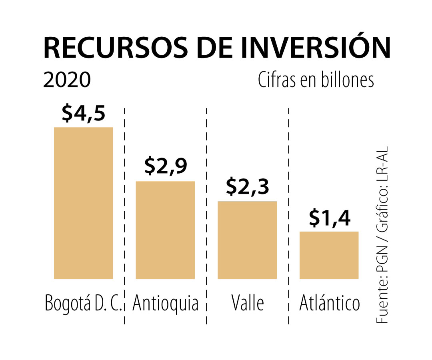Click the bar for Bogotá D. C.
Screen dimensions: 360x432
[x=83, y=203]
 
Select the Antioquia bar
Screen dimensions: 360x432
[x=165, y=230]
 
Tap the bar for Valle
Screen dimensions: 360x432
[x=247, y=240]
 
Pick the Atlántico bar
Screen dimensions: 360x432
[x=329, y=255]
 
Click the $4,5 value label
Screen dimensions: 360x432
[x=84, y=114]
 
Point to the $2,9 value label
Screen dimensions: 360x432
[x=166, y=166]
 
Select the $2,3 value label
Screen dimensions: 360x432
[x=247, y=186]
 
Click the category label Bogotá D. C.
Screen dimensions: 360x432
[x=83, y=303]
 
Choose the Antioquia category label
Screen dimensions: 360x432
[x=165, y=303]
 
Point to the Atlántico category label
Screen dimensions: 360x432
[x=330, y=303]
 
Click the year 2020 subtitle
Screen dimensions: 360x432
[x=67, y=80]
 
